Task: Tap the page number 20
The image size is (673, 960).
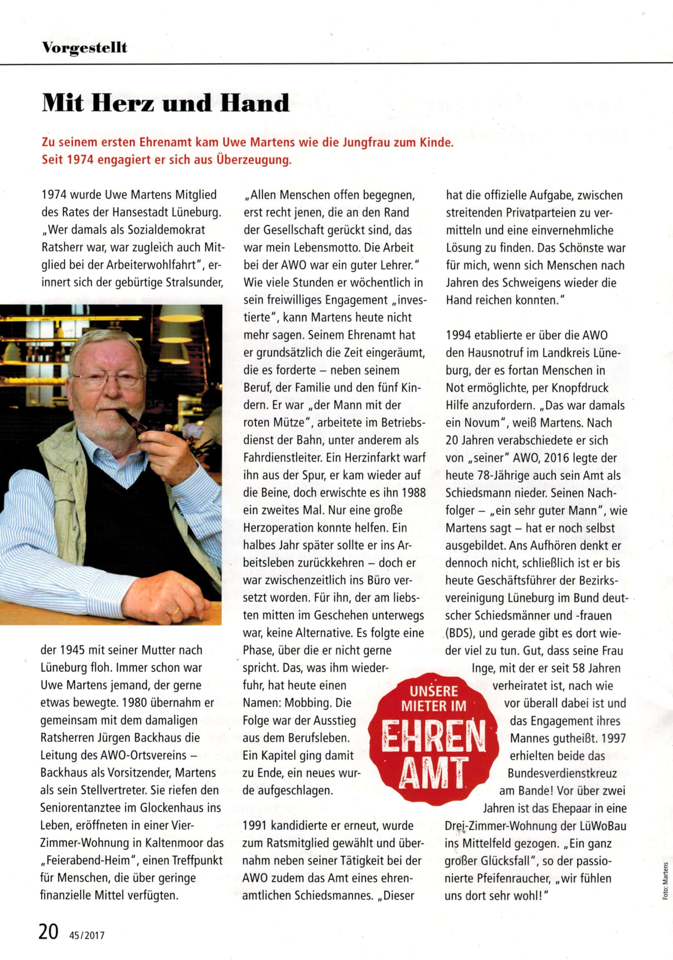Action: pyautogui.click(x=48, y=932)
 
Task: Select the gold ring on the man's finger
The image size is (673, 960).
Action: pyautogui.click(x=176, y=611)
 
